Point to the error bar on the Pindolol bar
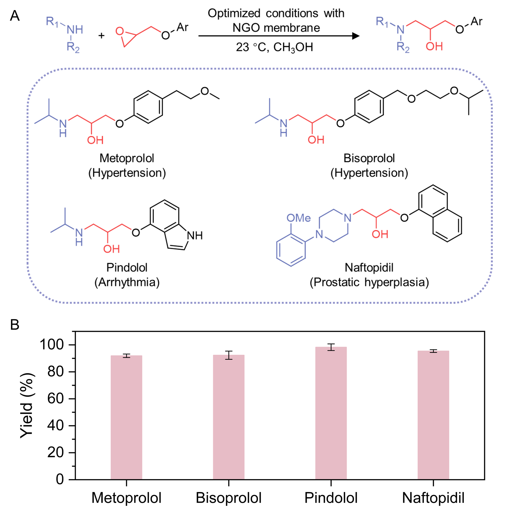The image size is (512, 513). [331, 347]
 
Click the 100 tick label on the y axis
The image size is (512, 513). [52, 345]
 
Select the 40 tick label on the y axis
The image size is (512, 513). [56, 426]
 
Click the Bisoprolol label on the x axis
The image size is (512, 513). [229, 498]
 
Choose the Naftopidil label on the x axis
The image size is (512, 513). [433, 498]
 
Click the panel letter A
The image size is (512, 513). [15, 16]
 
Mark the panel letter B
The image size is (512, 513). [15, 325]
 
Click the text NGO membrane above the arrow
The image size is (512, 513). [276, 28]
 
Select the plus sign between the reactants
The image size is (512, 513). [101, 36]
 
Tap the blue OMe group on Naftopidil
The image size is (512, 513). [299, 218]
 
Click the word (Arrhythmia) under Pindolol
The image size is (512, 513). [127, 282]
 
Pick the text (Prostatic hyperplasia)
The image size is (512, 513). [369, 282]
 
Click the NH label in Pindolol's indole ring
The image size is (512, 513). [195, 236]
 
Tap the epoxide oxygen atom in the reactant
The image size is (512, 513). [119, 31]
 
